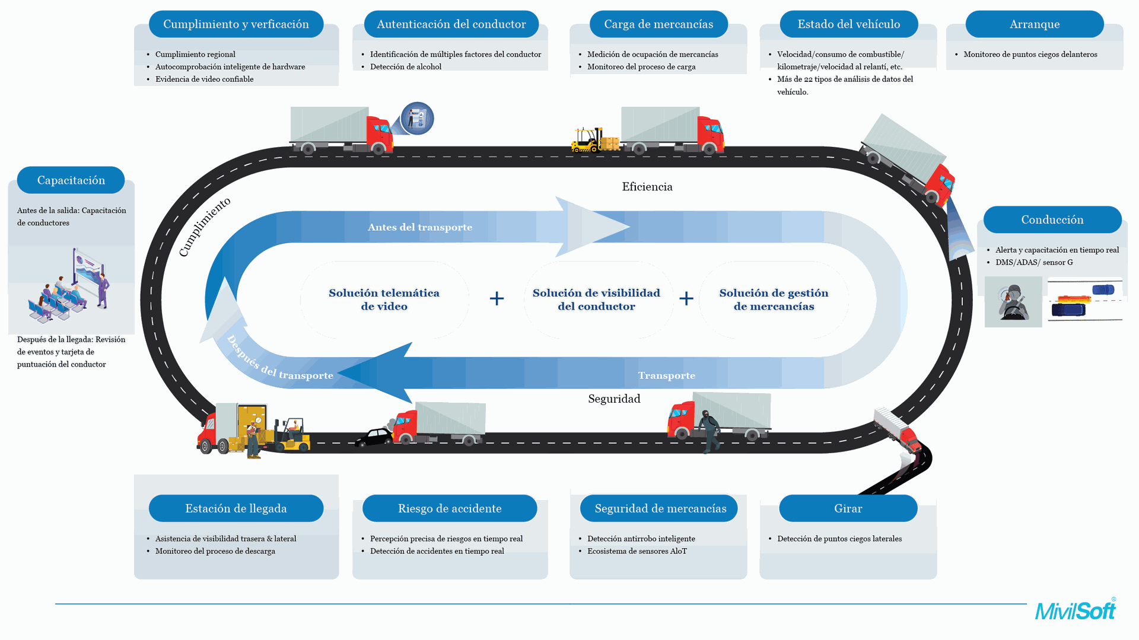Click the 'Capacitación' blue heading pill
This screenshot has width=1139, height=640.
point(71,180)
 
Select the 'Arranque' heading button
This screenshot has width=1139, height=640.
point(1034,24)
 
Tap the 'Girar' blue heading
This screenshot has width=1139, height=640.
point(848,508)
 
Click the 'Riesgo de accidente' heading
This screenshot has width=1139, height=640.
point(450,508)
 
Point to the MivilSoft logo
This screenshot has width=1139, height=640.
point(1075,610)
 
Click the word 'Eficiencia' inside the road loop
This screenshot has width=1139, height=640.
point(647,187)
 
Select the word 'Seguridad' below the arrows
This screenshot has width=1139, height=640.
point(614,399)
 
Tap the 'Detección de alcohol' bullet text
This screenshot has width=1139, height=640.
point(406,66)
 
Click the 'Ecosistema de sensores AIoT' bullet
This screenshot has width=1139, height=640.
point(637,551)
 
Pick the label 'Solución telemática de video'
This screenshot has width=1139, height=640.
point(384,300)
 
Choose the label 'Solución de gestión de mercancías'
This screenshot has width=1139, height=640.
point(774,300)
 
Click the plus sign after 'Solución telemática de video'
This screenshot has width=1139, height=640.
point(497,298)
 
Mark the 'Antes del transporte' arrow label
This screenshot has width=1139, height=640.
point(420,227)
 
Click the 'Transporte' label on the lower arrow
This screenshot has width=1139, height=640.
point(666,375)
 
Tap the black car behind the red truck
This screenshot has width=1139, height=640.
point(374,438)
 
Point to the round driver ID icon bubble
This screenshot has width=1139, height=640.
point(417,118)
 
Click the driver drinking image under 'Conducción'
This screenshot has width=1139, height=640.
point(1013,303)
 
